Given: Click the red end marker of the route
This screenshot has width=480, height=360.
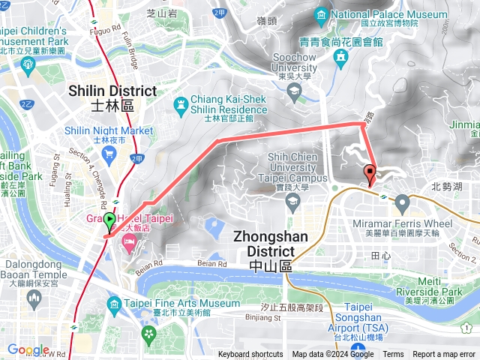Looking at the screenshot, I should [370, 174].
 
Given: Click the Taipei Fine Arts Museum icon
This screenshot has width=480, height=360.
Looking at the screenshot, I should [114, 303].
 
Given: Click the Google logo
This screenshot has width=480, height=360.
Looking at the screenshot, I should [28, 349].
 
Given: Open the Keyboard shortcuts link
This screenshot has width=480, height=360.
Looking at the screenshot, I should [250, 355].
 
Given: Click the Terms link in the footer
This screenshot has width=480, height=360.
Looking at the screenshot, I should [393, 355].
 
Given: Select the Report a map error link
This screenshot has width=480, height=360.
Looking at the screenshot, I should [445, 355].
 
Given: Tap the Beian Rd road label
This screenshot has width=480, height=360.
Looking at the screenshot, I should [211, 263].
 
